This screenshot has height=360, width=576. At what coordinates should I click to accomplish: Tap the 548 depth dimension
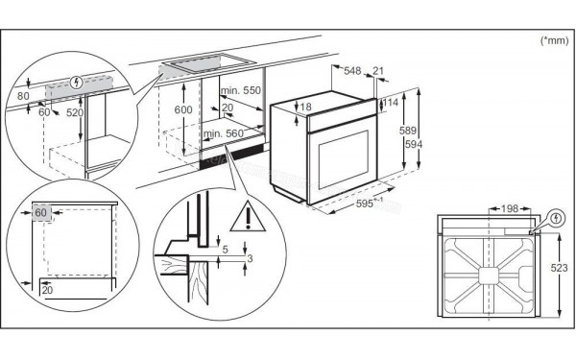(x=351, y=71)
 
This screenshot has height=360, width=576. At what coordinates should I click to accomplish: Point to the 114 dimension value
(x=391, y=102)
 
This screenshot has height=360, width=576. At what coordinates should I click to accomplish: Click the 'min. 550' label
(x=241, y=88)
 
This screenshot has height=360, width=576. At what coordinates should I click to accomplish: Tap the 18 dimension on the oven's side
(x=305, y=108)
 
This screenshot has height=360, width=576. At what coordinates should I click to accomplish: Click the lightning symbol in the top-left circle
(x=78, y=81)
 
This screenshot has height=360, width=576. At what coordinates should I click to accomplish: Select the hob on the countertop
(x=190, y=68)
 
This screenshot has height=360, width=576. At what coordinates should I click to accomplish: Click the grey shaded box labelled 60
(x=41, y=212)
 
